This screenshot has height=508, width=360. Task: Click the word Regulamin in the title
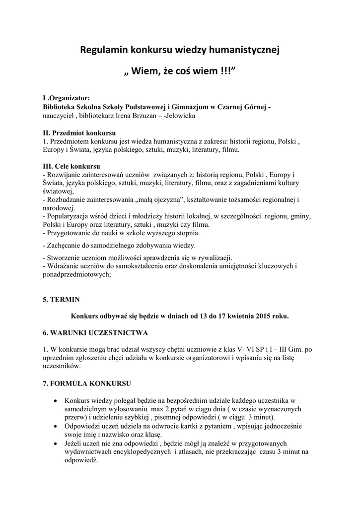[104, 50]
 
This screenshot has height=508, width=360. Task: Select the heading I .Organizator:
[66, 98]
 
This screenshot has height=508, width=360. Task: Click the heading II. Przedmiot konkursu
[79, 133]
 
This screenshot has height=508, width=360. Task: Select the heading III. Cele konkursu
[72, 166]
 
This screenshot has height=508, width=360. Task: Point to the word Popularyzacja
[69, 216]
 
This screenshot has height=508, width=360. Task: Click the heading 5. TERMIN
[61, 300]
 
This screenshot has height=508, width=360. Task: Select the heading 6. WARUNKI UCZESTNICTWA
[95, 332]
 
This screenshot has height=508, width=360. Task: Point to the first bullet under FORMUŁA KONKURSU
[54, 400]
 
